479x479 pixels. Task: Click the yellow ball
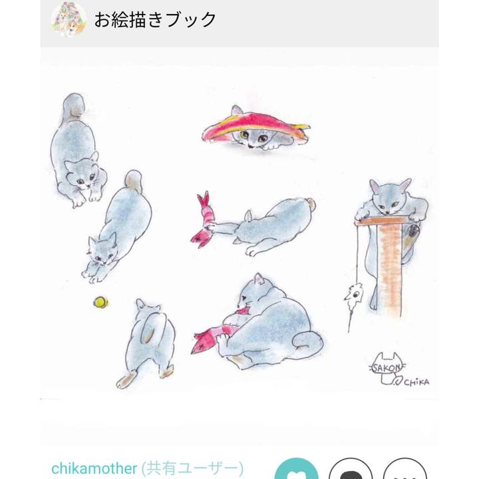click(101, 302)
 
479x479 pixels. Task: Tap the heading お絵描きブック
click(155, 20)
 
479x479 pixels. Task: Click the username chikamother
click(94, 468)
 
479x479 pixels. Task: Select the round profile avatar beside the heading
click(69, 19)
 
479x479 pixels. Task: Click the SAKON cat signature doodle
click(387, 369)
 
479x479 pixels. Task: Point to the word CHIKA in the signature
click(416, 382)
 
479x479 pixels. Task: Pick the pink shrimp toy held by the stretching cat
click(203, 220)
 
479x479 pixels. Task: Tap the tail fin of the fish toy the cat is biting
click(200, 341)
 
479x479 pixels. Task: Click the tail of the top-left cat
click(73, 106)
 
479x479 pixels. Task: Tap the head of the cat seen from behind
click(147, 307)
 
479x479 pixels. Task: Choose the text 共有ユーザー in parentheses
click(192, 468)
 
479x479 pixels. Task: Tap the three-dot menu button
click(404, 469)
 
